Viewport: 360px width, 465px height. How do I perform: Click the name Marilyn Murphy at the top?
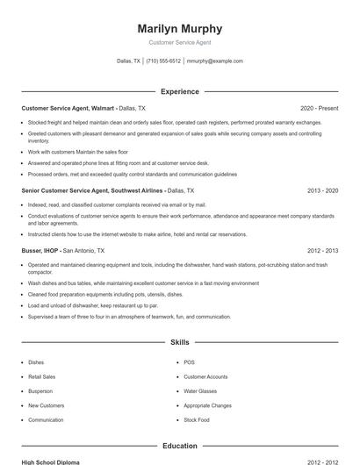click(180, 28)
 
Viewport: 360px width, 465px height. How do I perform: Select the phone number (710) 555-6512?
click(163, 61)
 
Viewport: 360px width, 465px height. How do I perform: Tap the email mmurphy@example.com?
click(215, 61)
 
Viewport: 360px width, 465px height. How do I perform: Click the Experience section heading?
click(180, 91)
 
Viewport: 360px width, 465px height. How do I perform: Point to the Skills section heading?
click(180, 342)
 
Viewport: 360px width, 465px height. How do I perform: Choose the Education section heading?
click(180, 446)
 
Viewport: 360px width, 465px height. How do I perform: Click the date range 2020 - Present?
click(319, 107)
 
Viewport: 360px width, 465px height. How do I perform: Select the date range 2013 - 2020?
click(322, 190)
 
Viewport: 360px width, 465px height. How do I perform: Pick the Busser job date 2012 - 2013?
click(322, 249)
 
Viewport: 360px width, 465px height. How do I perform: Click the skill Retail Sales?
click(42, 376)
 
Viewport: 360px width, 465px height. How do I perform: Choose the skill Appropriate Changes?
click(207, 405)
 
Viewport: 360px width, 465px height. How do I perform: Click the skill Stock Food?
click(197, 420)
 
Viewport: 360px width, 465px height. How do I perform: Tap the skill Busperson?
click(40, 391)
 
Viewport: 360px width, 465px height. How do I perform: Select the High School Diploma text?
click(51, 461)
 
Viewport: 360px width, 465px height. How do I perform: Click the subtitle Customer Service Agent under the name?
click(180, 42)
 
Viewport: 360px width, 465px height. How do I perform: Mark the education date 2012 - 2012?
click(322, 461)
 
